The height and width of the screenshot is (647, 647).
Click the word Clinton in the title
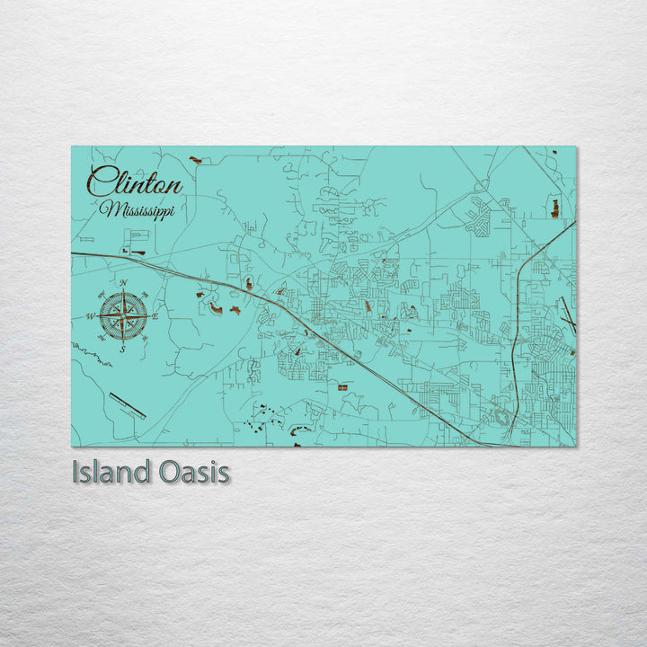[135, 183]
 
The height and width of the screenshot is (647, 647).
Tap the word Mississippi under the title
[137, 209]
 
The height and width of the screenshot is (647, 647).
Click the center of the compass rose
[123, 315]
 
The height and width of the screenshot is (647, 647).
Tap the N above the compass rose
[123, 284]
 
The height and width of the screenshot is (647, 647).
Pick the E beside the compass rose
[155, 316]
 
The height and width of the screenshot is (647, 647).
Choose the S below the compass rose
[122, 349]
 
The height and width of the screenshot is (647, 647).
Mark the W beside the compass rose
[90, 316]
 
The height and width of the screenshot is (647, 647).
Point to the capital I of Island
[75, 472]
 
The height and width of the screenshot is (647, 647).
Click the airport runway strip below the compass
[127, 405]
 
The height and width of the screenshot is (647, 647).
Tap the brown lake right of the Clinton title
[195, 160]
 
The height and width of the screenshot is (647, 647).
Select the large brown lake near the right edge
[554, 208]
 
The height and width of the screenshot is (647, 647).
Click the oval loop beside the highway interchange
[497, 416]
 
